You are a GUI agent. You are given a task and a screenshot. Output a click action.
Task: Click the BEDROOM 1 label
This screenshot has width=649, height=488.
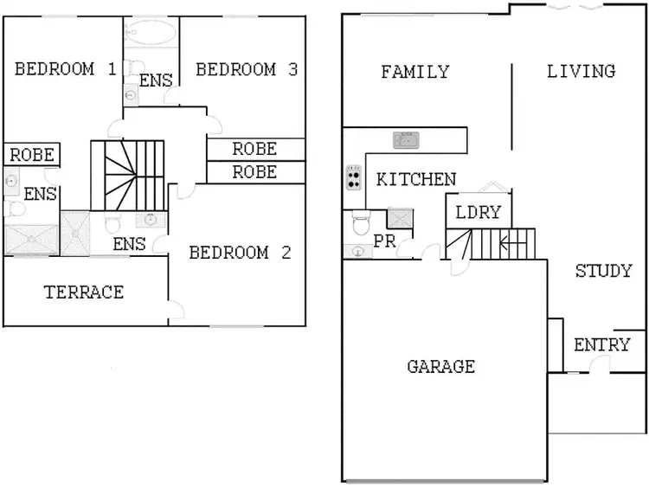[66, 70]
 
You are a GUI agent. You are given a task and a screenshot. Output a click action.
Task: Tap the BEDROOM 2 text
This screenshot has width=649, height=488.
[240, 254]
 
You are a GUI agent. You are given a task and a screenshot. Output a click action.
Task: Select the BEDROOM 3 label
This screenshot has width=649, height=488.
[247, 70]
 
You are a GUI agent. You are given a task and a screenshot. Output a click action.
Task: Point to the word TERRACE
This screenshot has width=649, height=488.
[84, 292]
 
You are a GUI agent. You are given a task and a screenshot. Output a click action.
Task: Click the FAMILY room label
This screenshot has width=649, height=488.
[415, 72]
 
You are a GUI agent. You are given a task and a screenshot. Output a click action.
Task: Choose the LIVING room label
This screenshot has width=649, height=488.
[581, 71]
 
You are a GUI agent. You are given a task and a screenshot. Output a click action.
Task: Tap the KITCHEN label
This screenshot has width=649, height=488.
[416, 180]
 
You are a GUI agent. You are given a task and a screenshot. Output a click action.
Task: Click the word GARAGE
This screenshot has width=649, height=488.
[440, 367]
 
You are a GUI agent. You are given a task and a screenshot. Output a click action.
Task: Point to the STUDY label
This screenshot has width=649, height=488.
[603, 272]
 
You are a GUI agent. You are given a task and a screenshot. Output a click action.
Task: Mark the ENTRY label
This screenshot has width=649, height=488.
[602, 345]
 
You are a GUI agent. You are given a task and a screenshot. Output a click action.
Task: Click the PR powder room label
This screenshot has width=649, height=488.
[384, 242]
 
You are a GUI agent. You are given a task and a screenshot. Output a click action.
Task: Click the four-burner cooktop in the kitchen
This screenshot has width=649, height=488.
[354, 178]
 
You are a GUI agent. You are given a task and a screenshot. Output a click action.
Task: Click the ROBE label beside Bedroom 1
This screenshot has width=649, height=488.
[32, 156]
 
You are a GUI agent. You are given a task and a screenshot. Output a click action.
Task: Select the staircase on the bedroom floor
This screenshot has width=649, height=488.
[128, 175]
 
